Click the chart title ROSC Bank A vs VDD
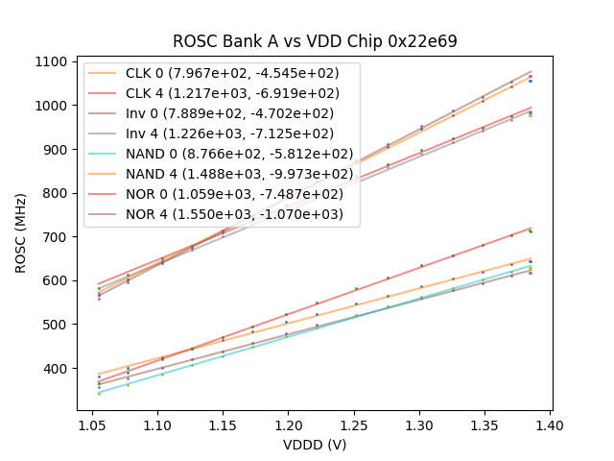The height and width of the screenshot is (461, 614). [x=315, y=41]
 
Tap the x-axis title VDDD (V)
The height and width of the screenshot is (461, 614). [x=315, y=445]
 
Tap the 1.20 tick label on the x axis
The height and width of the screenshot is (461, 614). [x=288, y=424]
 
